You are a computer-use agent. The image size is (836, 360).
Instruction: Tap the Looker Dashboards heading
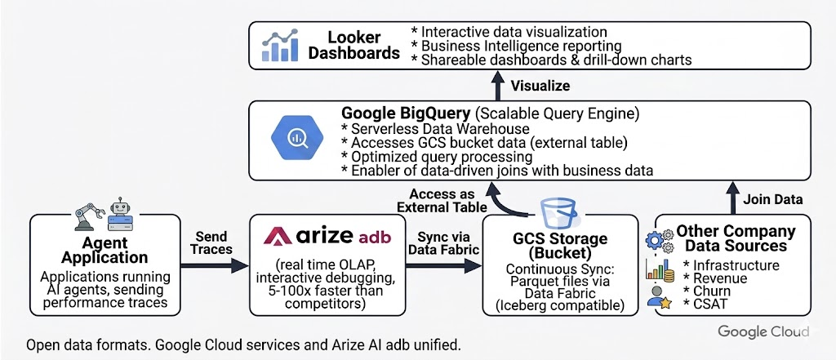[354, 45]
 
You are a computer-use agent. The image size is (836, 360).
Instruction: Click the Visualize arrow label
[540, 85]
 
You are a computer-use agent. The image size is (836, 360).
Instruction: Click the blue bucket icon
[555, 204]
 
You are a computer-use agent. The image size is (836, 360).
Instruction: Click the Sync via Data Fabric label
[446, 242]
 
